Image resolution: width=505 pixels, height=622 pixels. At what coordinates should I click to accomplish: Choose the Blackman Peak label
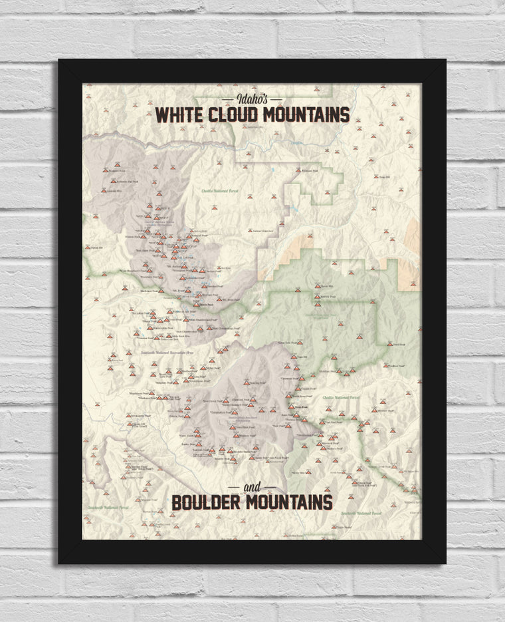point(149,291)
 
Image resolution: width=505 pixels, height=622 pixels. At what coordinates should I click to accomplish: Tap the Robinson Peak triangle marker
point(298,170)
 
